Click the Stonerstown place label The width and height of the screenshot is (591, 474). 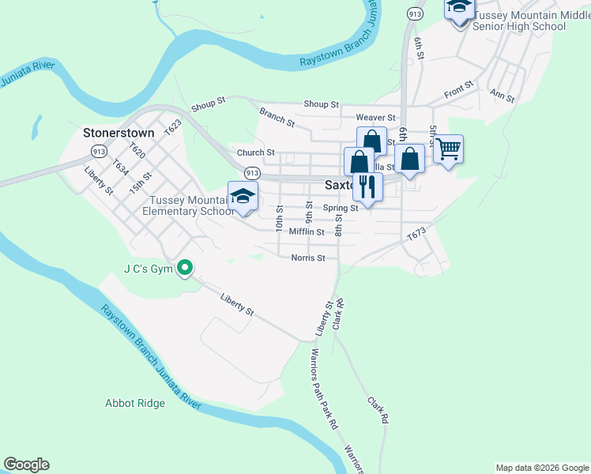(x=119, y=134)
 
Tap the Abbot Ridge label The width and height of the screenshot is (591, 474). (x=135, y=403)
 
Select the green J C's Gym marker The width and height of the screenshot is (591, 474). (x=185, y=269)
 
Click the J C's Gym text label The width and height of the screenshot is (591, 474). (x=147, y=269)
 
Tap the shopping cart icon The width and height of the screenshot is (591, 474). (x=448, y=148)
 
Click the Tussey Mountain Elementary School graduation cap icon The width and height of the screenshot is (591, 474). (x=243, y=196)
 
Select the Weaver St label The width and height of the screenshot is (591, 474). (x=375, y=118)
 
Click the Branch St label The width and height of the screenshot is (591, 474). (x=277, y=118)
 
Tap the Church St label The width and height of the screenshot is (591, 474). (x=255, y=152)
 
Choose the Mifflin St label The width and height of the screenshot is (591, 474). (x=307, y=232)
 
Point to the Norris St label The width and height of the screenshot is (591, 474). (x=308, y=258)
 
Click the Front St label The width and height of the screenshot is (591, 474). (x=458, y=88)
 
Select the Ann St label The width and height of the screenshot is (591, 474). (x=503, y=96)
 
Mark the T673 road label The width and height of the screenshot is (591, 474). (x=416, y=235)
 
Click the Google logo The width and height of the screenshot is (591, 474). (x=26, y=465)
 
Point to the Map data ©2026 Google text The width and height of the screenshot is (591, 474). (x=541, y=468)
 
